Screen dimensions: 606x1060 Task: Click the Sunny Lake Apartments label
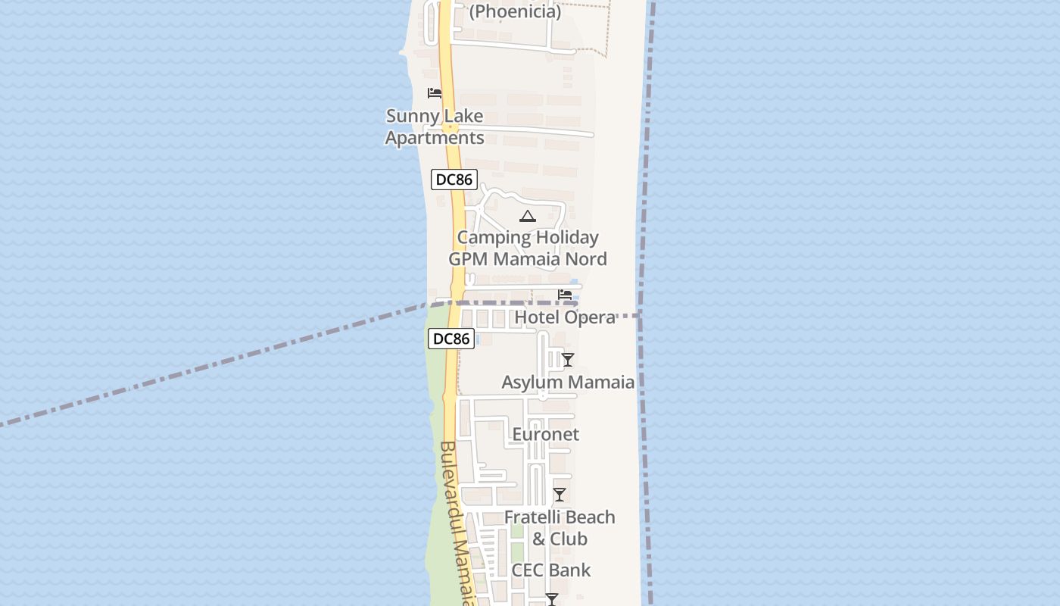[435, 127]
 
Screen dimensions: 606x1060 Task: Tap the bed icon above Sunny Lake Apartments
[435, 93]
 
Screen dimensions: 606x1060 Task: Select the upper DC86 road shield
[454, 180]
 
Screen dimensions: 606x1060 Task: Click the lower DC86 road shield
[451, 339]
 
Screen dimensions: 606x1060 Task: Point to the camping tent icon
[528, 217]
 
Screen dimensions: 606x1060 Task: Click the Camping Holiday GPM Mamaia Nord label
[528, 248]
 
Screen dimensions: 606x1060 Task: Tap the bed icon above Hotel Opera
[565, 295]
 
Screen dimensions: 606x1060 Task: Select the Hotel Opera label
[565, 317]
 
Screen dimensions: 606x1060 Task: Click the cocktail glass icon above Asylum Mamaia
[568, 360]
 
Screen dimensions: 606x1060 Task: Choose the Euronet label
[545, 434]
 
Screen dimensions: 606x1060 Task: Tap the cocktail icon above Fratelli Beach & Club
[560, 495]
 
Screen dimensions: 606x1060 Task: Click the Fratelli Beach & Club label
[560, 528]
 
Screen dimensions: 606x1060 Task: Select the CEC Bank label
[550, 570]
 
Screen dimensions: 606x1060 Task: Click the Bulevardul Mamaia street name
[459, 523]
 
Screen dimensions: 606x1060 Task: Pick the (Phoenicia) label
[515, 12]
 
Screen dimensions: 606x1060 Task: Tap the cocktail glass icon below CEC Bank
[552, 599]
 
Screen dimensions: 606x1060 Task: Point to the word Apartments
[435, 138]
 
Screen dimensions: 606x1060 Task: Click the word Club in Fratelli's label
[569, 539]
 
